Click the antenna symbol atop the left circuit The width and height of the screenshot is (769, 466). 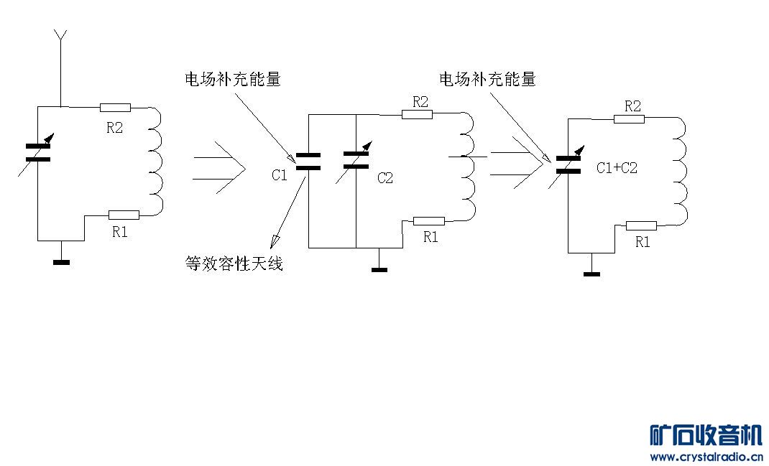tap(61, 36)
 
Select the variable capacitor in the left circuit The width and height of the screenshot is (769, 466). tap(38, 152)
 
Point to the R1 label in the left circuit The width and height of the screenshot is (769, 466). tap(120, 231)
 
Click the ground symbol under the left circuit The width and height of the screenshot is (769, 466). tap(62, 262)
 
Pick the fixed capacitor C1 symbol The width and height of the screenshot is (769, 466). tap(308, 162)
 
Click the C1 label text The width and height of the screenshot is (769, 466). tap(280, 174)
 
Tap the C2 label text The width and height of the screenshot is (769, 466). tap(385, 178)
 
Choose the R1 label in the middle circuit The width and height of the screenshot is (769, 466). tap(430, 238)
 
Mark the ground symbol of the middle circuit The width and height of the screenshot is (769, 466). tap(379, 269)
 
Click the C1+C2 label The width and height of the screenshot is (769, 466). tap(617, 168)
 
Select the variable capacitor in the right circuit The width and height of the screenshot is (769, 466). tap(568, 164)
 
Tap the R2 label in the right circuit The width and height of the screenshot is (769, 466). tap(632, 106)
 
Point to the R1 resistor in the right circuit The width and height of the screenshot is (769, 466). tap(641, 226)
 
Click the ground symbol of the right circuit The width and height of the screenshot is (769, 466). tap(591, 274)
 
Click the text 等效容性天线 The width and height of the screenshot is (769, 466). tap(234, 264)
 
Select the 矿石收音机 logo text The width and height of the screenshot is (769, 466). tap(705, 435)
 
